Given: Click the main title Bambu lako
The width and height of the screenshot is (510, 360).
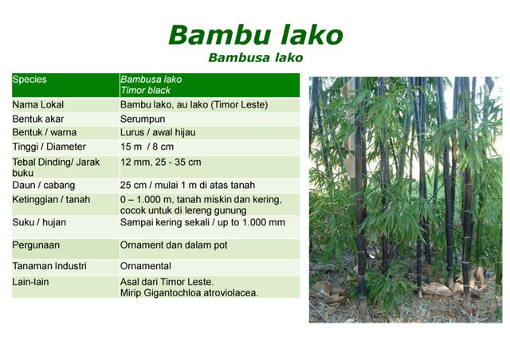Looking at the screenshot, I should click(256, 35).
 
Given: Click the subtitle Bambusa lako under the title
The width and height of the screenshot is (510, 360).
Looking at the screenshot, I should click(256, 58).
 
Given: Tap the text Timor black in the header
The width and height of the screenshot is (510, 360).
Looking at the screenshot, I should click(145, 91).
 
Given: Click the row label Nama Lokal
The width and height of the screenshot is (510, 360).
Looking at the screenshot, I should click(37, 104).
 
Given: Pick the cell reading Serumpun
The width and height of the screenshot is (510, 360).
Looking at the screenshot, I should click(143, 119).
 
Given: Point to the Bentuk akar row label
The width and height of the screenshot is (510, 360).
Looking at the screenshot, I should click(37, 119).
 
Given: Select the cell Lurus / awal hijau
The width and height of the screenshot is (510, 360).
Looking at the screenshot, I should click(158, 133).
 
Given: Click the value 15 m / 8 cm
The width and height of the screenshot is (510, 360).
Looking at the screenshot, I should click(148, 147).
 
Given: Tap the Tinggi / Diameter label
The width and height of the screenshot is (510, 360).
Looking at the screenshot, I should click(49, 147).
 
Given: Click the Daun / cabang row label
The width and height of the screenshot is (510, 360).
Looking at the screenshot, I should click(41, 185).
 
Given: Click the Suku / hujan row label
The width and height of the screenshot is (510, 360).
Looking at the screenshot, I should click(40, 222).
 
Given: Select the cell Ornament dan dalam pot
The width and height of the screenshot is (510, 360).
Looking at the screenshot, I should click(174, 245).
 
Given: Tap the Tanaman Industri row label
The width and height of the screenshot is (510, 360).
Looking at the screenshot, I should click(49, 265).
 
